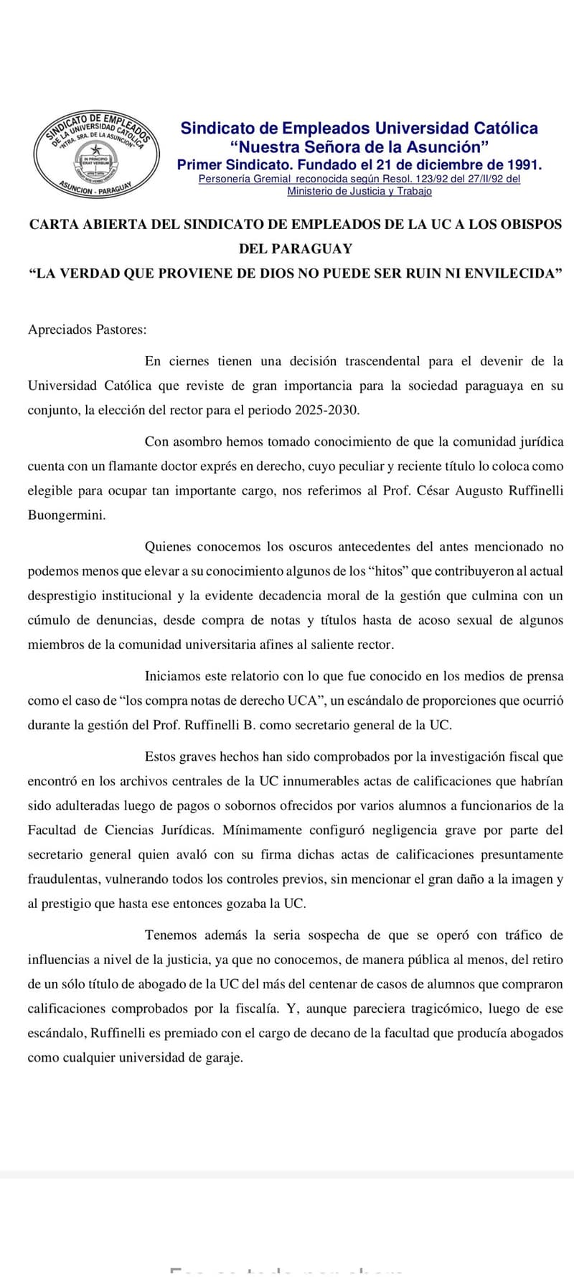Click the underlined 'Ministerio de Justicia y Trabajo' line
tap(359, 191)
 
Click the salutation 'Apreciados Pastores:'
tap(87, 329)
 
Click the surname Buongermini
tap(66, 515)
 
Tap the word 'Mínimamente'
tap(262, 831)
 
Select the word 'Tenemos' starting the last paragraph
tap(171, 935)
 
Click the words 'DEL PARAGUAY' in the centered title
tap(296, 248)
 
